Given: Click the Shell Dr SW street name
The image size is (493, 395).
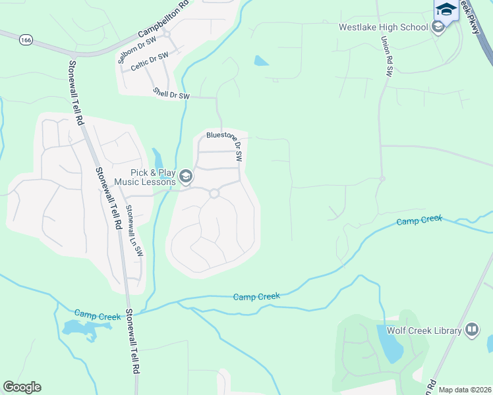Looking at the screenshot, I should coord(171,94).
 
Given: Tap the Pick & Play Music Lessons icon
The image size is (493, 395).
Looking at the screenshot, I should coord(186,176).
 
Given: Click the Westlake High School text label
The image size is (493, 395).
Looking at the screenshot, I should coord(383,28).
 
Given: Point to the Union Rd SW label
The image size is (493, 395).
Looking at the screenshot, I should coord(386,56).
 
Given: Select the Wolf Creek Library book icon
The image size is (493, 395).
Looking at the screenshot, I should coord(472,330).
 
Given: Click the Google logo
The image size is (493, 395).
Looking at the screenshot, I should coord(22,387).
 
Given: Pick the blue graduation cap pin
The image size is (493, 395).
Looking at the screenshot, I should coord(446,9).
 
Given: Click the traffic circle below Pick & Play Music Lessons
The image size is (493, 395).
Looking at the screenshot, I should coord(214,193).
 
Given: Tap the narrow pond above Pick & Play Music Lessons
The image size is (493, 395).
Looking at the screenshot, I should coord(158,160).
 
